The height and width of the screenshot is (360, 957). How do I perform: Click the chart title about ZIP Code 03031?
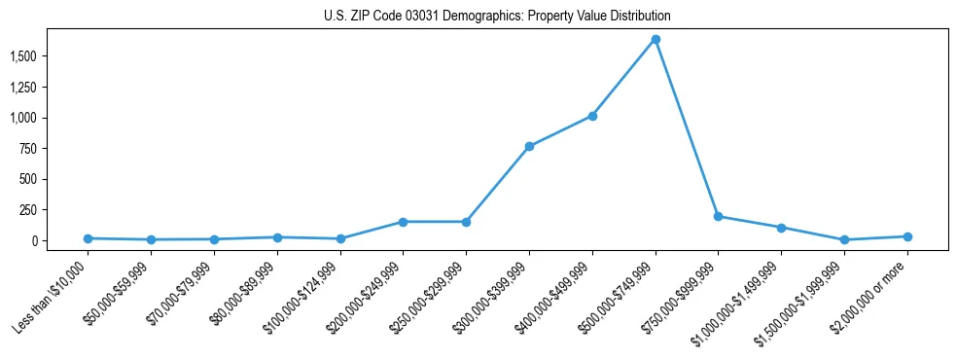[497, 17]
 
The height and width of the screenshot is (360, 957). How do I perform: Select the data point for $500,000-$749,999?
[656, 39]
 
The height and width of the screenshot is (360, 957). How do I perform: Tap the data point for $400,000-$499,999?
[592, 116]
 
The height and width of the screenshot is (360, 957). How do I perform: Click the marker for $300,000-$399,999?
[529, 146]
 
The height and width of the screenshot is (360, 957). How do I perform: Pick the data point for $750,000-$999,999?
[718, 216]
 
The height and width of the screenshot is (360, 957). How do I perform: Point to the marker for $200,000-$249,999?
[404, 222]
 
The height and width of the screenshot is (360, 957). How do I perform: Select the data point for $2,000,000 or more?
[907, 236]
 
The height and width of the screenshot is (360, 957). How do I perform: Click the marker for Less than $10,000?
[89, 238]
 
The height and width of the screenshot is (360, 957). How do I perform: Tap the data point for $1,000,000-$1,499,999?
[781, 228]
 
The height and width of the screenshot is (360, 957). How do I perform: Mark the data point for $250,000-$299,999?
[466, 222]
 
